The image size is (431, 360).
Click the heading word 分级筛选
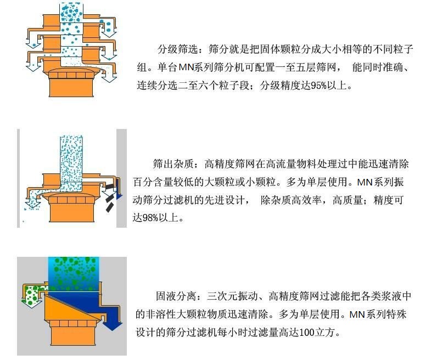(x=176, y=49)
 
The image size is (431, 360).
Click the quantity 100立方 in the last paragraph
(x=316, y=333)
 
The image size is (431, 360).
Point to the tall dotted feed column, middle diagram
(x=70, y=159)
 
